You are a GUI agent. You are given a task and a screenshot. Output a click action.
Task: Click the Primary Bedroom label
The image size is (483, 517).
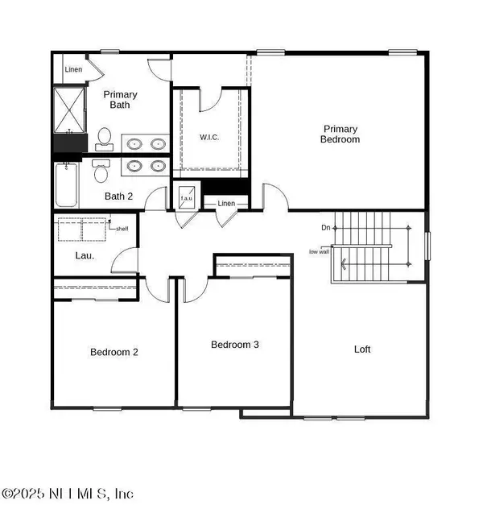(341, 134)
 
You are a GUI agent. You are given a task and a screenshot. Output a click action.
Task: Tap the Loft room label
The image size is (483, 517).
(363, 349)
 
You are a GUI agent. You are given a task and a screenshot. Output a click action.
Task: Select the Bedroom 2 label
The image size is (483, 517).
(114, 352)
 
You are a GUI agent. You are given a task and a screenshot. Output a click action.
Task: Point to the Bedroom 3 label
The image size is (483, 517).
(234, 345)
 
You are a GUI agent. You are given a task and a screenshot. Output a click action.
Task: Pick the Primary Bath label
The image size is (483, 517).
(122, 100)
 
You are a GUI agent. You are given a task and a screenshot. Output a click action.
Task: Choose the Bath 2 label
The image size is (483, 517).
(119, 196)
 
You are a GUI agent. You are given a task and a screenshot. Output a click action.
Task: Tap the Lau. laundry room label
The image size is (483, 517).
(72, 256)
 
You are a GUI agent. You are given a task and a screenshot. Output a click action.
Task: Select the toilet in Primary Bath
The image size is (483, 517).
(104, 139)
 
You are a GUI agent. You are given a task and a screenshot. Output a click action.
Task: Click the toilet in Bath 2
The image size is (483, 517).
(100, 171)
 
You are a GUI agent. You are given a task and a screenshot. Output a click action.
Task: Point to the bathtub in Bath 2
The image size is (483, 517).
(66, 185)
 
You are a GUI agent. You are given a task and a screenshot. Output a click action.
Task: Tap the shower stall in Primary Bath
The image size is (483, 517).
(68, 111)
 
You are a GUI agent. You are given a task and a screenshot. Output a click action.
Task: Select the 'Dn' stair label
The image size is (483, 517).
(325, 228)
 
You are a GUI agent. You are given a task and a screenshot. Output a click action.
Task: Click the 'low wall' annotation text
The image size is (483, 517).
(320, 252)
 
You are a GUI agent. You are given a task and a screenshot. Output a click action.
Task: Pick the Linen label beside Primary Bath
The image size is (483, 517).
(73, 68)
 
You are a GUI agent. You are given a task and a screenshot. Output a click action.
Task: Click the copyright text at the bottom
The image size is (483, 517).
(68, 493)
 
